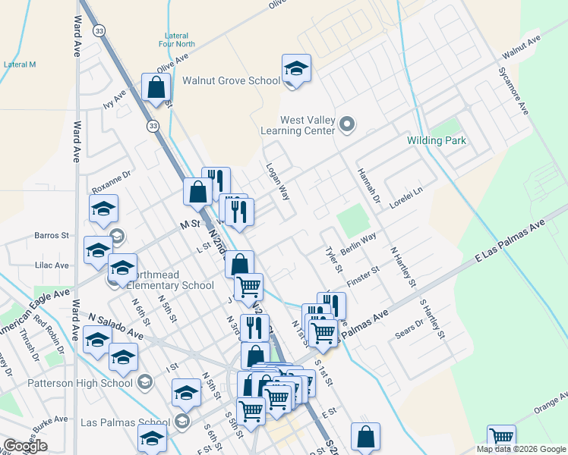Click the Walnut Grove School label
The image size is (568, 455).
click(x=231, y=81)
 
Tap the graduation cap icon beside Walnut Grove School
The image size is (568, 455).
click(x=296, y=68)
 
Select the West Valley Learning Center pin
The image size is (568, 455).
click(x=348, y=123)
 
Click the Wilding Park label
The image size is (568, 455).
click(x=437, y=141)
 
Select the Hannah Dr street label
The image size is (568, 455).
click(x=368, y=186)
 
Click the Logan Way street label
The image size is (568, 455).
click(x=277, y=181)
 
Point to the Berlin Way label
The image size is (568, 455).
click(x=358, y=243)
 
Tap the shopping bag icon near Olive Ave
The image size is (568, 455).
click(x=156, y=88)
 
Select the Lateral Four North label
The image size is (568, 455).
click(x=181, y=39)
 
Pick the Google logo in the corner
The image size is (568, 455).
click(x=25, y=446)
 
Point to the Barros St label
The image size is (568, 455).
click(x=52, y=236)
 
